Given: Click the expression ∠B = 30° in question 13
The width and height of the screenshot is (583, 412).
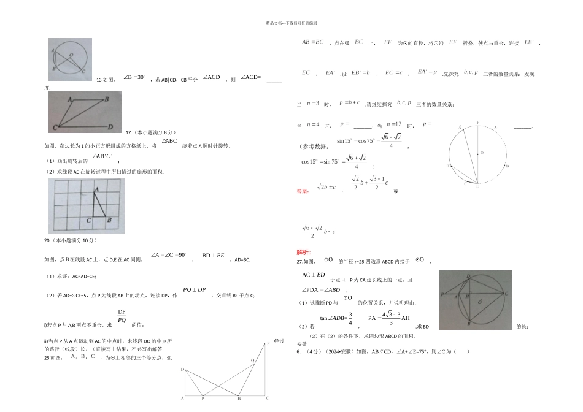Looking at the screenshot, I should coord(134,78).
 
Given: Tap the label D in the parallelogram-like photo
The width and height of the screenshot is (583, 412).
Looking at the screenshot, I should coord(109,127).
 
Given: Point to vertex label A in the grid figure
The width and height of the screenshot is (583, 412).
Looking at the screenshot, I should coord(95,191).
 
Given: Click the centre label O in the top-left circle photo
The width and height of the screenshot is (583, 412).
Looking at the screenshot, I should coord(72,55).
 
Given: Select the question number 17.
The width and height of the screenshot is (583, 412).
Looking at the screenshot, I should coord(129,132).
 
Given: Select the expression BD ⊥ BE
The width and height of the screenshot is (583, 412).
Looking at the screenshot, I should coord(213,254).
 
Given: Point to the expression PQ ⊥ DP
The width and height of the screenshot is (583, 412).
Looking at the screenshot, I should coord(194,290).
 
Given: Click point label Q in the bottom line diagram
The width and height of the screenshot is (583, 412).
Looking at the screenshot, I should coord(252,360).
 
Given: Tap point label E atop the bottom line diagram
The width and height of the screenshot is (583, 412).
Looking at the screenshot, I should coord(268,345).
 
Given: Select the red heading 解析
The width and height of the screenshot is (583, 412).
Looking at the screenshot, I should coord(304,252).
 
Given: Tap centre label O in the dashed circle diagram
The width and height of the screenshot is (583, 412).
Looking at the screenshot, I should coord(482,153).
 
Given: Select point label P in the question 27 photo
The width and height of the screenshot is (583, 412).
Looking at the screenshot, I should coord(442,294).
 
